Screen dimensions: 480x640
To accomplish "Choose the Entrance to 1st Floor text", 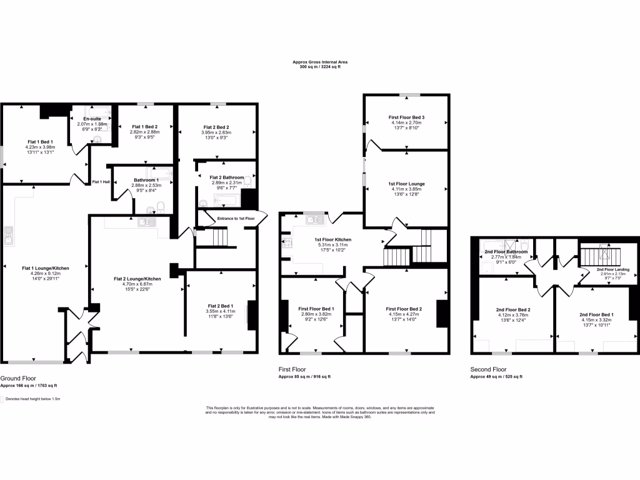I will (236, 218).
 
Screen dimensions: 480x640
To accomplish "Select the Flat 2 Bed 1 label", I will (220, 306).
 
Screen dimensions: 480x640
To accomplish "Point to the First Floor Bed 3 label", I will (406, 117).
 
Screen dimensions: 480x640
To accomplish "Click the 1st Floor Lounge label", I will (406, 184).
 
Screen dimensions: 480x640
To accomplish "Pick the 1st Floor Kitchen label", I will (332, 239).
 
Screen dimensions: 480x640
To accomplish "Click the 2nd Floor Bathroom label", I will (506, 252).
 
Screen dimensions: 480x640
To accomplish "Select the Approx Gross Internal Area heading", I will (320, 61).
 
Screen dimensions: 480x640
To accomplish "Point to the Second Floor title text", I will (488, 369).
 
